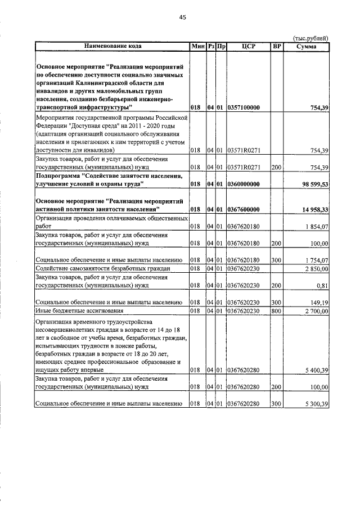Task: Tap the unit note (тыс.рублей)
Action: [x=311, y=38]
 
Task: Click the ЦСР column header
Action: [x=248, y=46]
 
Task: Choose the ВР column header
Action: [x=276, y=46]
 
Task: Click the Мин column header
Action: [x=197, y=46]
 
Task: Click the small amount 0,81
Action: [x=322, y=286]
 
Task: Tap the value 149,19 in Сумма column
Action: [x=319, y=303]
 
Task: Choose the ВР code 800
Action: [x=276, y=310]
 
